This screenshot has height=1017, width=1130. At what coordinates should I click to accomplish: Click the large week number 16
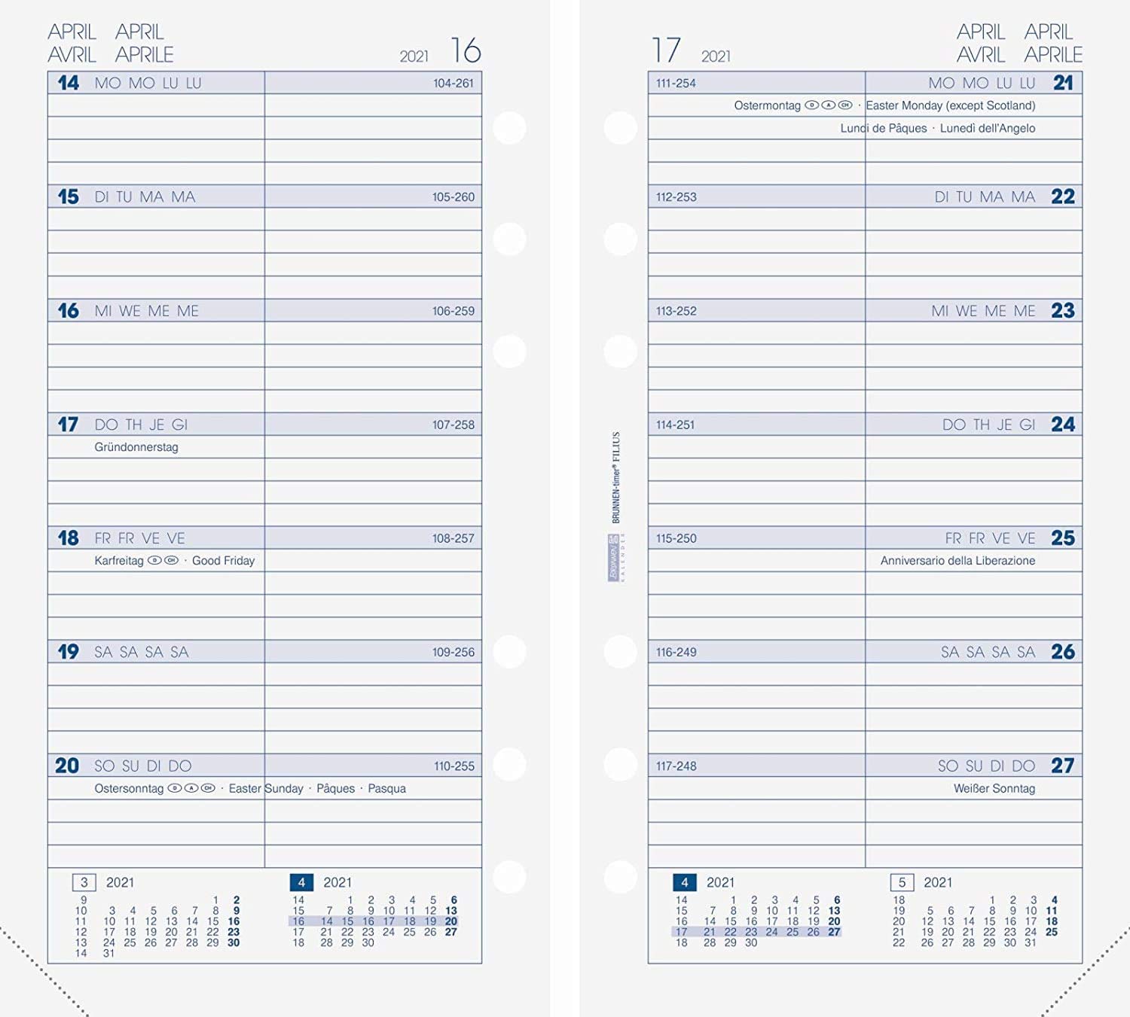point(466,51)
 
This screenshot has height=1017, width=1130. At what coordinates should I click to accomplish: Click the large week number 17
point(666,51)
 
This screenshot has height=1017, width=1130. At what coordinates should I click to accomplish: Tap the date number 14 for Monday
point(68,83)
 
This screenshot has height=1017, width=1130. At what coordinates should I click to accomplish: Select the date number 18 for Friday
point(68,538)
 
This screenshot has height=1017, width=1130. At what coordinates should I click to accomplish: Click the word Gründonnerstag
point(136,447)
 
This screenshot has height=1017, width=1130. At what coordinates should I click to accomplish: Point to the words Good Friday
point(223,561)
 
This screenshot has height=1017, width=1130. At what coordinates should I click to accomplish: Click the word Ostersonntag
point(129,788)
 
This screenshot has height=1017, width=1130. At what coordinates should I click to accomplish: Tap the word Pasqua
point(386,788)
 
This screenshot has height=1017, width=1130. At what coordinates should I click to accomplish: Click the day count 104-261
point(454,84)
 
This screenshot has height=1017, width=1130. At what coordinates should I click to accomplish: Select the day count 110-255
point(454,766)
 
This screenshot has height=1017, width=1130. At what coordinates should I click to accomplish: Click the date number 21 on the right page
point(1063,83)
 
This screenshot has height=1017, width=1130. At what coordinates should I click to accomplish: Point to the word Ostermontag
point(767,105)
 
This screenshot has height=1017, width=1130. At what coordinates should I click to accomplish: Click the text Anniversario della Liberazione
point(957,561)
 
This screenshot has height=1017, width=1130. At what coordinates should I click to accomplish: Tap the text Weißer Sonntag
point(994,788)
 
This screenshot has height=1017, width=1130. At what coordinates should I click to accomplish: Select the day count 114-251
point(675,425)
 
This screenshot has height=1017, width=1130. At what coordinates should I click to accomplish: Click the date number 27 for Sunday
point(1062,766)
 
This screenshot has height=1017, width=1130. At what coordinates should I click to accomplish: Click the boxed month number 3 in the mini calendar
point(84,882)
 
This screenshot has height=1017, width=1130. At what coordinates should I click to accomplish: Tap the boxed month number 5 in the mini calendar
point(902,882)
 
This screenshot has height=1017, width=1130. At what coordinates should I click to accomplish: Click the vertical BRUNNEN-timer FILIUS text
point(615,477)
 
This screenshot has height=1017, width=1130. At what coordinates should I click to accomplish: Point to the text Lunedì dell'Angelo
point(987,128)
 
